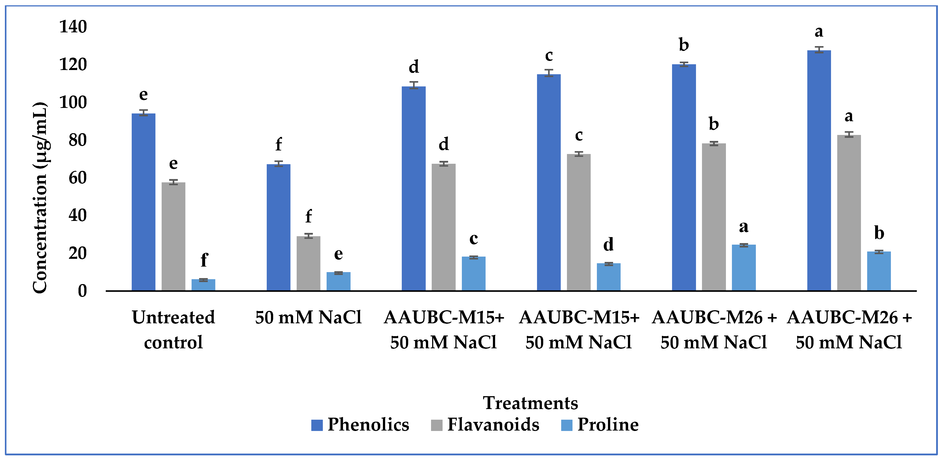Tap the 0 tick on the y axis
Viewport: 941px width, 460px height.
pyautogui.click(x=82, y=291)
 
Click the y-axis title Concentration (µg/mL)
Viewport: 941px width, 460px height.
pyautogui.click(x=39, y=197)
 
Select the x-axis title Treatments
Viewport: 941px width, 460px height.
pyautogui.click(x=530, y=403)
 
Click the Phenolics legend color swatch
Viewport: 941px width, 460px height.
pyautogui.click(x=317, y=425)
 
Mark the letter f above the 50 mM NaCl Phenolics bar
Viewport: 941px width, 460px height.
pyautogui.click(x=278, y=144)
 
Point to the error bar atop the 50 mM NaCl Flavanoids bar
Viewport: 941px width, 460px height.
pyautogui.click(x=308, y=236)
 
